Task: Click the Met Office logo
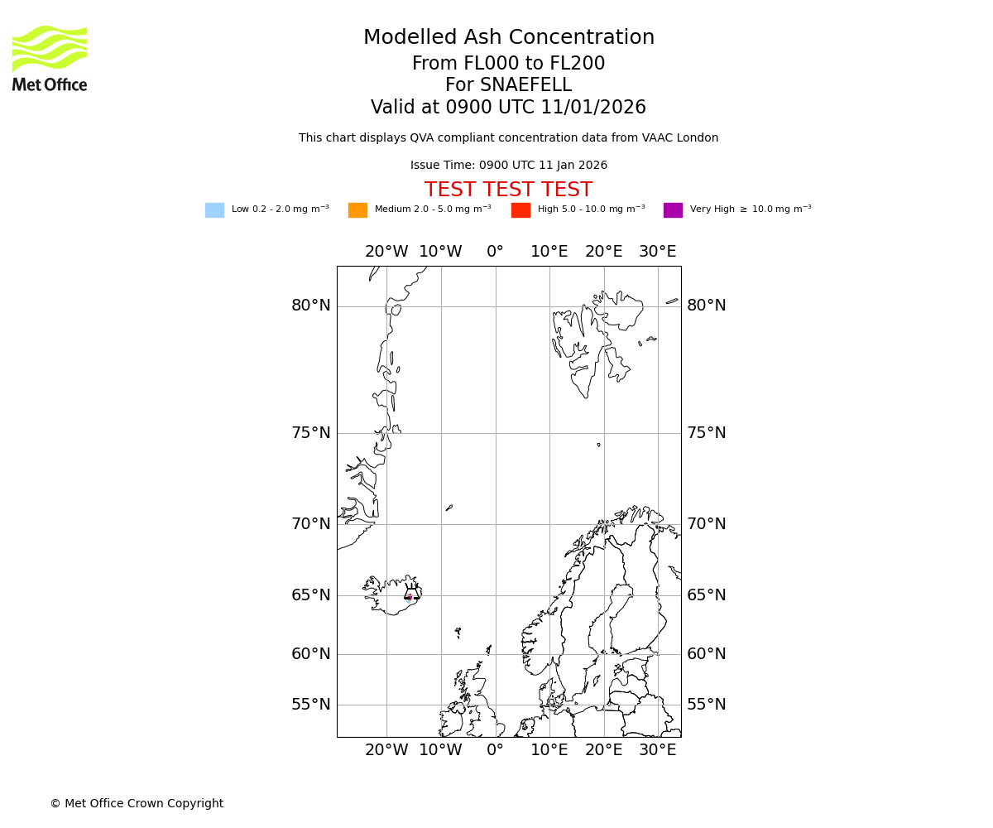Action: point(50,58)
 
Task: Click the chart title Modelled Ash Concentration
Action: point(508,38)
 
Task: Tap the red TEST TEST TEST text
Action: point(508,190)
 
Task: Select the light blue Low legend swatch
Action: point(214,210)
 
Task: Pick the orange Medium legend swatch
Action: point(357,210)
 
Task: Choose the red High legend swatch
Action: point(520,210)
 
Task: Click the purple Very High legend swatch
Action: point(673,210)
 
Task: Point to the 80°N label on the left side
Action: point(310,306)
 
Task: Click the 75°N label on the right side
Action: point(706,433)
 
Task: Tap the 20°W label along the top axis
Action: point(386,252)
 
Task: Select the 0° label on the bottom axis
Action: point(495,750)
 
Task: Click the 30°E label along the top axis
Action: point(657,252)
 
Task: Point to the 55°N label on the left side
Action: point(310,705)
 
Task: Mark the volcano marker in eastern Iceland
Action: point(410,596)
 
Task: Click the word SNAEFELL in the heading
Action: point(525,85)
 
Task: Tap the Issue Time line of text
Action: point(508,166)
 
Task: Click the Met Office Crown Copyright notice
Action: point(137,804)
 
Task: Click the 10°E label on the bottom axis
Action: point(549,750)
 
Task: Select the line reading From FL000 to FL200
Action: point(508,64)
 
